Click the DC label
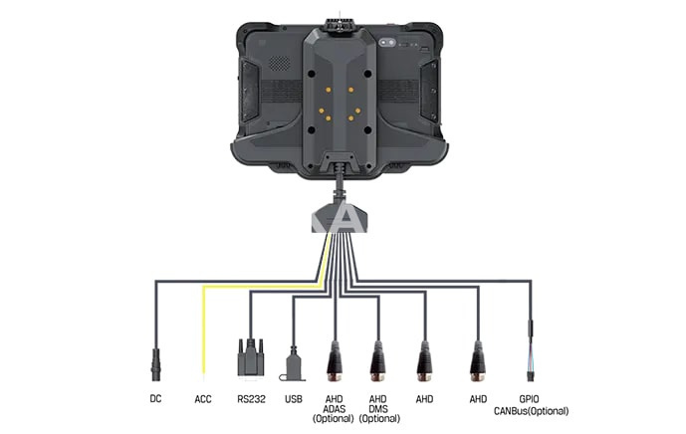pyautogui.click(x=155, y=398)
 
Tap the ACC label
pyautogui.click(x=203, y=399)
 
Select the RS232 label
pyautogui.click(x=251, y=399)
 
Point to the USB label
pyautogui.click(x=294, y=399)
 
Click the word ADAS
pyautogui.click(x=334, y=409)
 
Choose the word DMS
pyautogui.click(x=378, y=409)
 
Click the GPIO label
pyautogui.click(x=529, y=399)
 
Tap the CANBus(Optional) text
pyautogui.click(x=532, y=411)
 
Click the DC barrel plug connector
pyautogui.click(x=155, y=365)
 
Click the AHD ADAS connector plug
pyautogui.click(x=336, y=361)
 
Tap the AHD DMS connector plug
pyautogui.click(x=378, y=361)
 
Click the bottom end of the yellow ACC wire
pyautogui.click(x=203, y=373)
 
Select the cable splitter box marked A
pyautogui.click(x=341, y=217)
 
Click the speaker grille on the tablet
pyautogui.click(x=279, y=64)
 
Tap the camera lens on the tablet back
pyautogui.click(x=387, y=43)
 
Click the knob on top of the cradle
pyautogui.click(x=340, y=25)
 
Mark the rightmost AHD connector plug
pyautogui.click(x=478, y=361)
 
